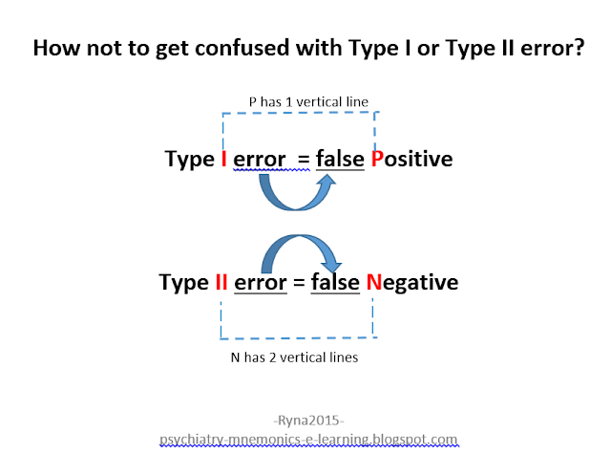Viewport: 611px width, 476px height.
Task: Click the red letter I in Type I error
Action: point(223,159)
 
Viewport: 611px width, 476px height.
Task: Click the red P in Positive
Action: point(376,159)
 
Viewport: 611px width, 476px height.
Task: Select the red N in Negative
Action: point(373,283)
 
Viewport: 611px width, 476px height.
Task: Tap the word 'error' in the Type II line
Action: point(262,283)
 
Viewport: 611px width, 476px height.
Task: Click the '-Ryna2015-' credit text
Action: point(307,421)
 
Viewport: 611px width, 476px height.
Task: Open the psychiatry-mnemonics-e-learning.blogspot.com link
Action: point(307,440)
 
